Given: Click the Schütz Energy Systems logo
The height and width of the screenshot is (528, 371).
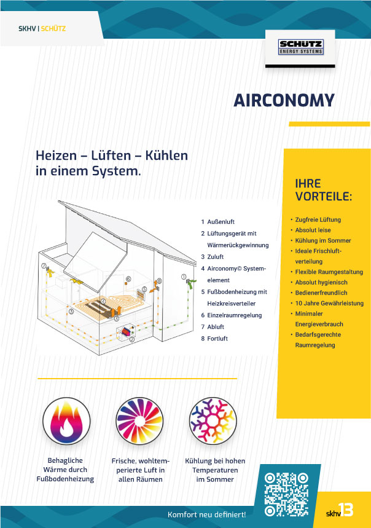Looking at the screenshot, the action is tap(301, 47).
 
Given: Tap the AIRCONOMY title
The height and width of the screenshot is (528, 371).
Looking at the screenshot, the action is tap(284, 100).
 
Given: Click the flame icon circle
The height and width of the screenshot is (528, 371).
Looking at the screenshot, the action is tap(66, 421).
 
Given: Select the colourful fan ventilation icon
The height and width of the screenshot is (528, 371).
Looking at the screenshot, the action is tap(139, 421).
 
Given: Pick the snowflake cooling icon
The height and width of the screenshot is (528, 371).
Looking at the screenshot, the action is tap(213, 421).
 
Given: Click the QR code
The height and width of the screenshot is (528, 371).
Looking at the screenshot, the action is tap(286, 494).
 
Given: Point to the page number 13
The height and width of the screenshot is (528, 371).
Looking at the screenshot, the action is tap(346, 510).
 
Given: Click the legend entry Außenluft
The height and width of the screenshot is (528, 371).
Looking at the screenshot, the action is tap(221, 222).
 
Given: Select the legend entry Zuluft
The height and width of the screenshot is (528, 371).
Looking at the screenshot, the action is tap(215, 257).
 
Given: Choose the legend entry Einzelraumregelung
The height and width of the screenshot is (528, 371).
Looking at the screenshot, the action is tap(235, 315).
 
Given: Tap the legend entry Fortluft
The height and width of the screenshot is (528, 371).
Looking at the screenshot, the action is tap(217, 339).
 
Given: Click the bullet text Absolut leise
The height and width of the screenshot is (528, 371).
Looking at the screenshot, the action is tap(313, 231).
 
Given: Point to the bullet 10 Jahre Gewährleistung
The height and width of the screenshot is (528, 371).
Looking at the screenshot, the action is tap(329, 304).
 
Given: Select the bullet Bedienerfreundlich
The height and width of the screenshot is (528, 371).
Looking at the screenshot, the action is tap(321, 293).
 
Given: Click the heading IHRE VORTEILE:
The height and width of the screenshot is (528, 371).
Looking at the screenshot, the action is tap(323, 190).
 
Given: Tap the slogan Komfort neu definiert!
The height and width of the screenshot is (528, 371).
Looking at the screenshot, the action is tap(206, 514).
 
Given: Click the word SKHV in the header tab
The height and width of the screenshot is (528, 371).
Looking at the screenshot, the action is tap(27, 29).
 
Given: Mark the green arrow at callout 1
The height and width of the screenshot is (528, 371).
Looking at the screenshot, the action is tap(190, 283).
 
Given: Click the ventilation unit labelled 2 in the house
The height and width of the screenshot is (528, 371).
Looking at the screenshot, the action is tap(127, 333).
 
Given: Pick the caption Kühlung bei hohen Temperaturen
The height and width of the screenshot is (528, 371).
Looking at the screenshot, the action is tap(215, 465).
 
